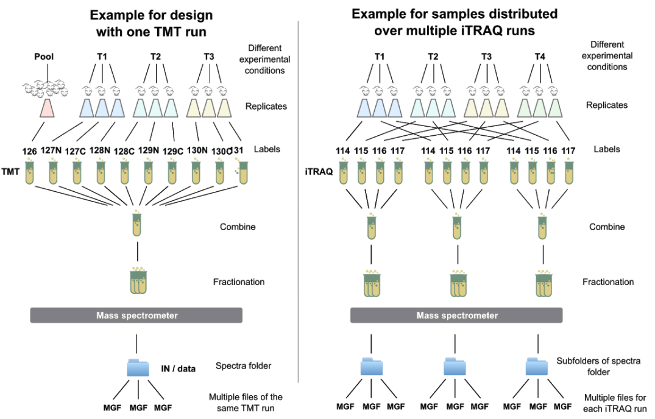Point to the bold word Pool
44,57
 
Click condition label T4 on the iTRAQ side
540,57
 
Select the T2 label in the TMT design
155,57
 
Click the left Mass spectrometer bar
136,315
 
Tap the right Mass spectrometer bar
456,315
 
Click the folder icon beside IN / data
137,368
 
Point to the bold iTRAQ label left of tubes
317,172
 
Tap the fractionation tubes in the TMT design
138,281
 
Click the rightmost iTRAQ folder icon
537,368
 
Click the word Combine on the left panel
238,227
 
